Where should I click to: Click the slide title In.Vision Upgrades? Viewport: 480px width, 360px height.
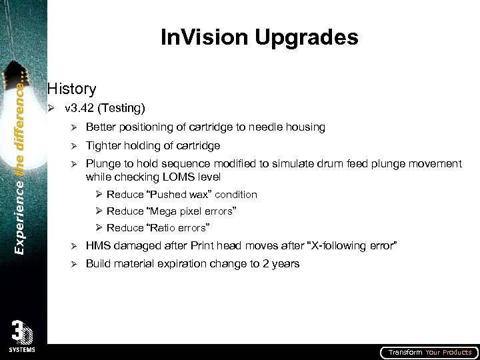(259, 37)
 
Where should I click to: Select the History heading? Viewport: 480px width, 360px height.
(72, 89)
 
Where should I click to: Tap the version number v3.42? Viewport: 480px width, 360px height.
(80, 108)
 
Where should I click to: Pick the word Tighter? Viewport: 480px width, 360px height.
(104, 145)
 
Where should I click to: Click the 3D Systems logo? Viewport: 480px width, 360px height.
(23, 336)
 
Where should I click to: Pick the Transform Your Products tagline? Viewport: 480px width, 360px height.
(430, 353)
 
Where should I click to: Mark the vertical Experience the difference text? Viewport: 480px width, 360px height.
(22, 160)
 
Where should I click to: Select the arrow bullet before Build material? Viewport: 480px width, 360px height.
(75, 264)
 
